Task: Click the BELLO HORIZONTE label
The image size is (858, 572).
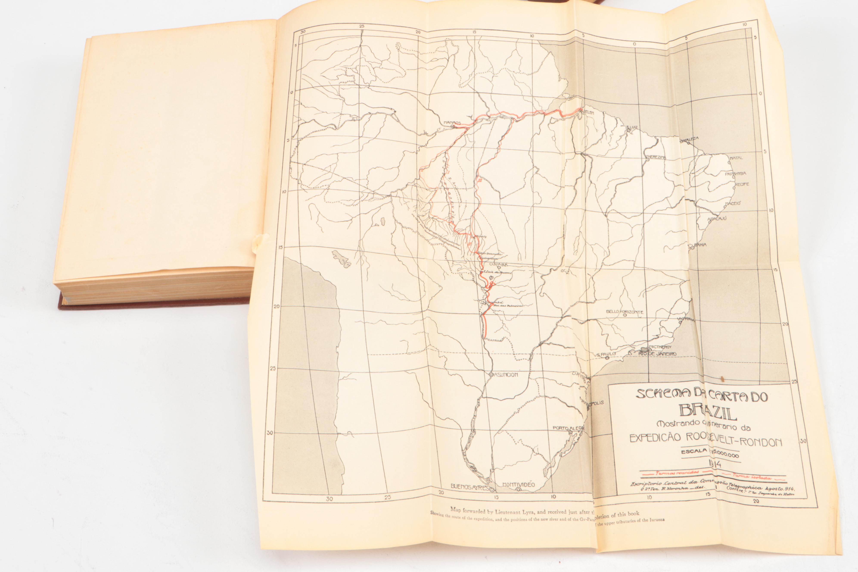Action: click(x=625, y=312)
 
